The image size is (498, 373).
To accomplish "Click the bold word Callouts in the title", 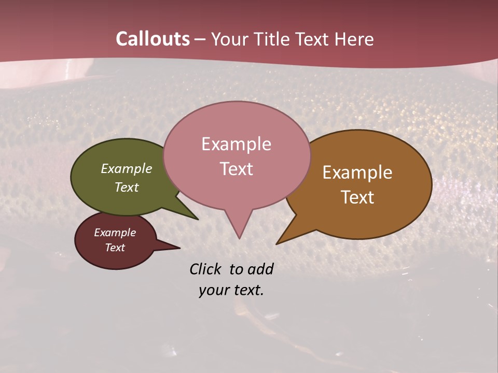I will coord(153,39).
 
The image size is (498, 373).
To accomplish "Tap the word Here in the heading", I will coord(355,39).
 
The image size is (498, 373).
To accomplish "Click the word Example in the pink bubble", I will coord(236,144).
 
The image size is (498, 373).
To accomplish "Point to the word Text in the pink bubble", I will coord(237,169).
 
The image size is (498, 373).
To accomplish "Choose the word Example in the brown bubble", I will coord(357,173).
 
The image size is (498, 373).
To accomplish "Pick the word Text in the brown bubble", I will coord(358,197).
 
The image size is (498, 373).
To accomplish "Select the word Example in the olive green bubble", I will coord(127,168).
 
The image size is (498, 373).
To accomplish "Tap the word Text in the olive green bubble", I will coord(127,187).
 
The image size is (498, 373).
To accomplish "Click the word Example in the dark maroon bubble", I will coord(115,233).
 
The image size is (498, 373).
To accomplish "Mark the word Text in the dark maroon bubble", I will coord(115,248).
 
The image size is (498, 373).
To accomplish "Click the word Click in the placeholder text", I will coord(206,269).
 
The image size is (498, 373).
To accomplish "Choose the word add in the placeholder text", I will coord(261,269).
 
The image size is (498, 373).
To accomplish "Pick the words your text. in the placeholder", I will coord(231,290).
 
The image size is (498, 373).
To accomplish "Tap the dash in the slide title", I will coord(200,39).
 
